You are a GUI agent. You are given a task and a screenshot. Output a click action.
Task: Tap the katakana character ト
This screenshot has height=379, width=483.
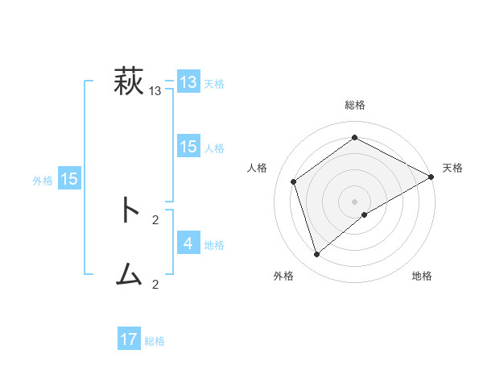click(x=129, y=210)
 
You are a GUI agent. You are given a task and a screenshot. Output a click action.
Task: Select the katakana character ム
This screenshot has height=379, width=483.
click(x=129, y=276)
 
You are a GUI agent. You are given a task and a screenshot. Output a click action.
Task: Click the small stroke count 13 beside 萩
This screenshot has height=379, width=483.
click(x=155, y=91)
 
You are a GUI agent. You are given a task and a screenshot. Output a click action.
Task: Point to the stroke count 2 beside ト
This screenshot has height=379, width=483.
click(x=155, y=219)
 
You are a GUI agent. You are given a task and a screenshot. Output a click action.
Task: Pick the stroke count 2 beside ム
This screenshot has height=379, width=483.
click(x=155, y=284)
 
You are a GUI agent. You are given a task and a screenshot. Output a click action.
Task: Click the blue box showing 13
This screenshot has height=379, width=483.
click(x=188, y=82)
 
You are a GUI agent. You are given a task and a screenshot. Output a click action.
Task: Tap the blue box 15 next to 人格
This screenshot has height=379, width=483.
click(x=188, y=147)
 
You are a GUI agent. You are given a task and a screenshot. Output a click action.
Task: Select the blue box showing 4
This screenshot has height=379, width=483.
click(x=188, y=243)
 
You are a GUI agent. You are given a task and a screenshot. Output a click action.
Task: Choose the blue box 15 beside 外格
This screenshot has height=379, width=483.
click(x=69, y=179)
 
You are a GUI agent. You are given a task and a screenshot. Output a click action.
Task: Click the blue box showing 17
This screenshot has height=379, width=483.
click(x=129, y=339)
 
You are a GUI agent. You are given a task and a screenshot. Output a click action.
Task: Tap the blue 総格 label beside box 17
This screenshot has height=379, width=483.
click(x=155, y=341)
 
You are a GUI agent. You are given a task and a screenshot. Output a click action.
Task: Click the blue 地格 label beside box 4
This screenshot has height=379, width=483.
click(x=214, y=244)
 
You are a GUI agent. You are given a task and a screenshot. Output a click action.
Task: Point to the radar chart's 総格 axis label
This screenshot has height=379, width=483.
click(x=355, y=105)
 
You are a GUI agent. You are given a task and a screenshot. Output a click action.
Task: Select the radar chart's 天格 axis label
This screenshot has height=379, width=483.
click(x=452, y=168)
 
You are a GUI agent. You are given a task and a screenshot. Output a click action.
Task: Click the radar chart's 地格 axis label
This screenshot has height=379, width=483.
click(x=422, y=276)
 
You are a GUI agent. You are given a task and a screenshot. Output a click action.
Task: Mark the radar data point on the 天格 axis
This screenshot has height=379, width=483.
click(x=431, y=177)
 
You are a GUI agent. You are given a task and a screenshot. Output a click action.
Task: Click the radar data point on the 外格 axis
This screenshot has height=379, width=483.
click(x=316, y=255)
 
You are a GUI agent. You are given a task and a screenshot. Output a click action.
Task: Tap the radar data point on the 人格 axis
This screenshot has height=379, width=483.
click(x=294, y=181)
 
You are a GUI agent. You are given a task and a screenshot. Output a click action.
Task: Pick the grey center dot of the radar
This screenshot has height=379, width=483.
click(x=354, y=201)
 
